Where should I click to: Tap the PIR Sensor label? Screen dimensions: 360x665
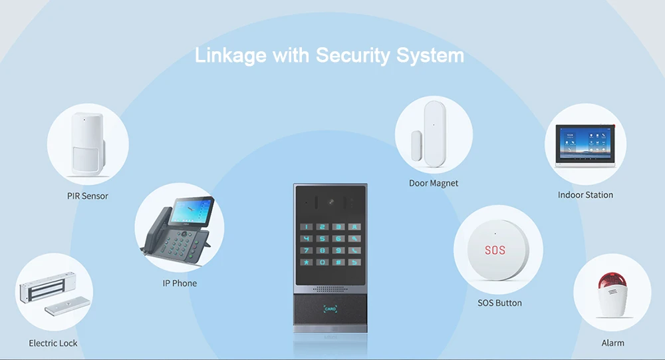click(x=87, y=196)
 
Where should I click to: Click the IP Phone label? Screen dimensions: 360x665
click(x=180, y=283)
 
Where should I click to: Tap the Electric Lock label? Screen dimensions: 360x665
click(x=53, y=343)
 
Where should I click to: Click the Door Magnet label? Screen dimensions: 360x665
click(x=434, y=183)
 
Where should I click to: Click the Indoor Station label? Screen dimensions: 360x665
click(x=585, y=195)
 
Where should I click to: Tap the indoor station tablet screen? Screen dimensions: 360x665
click(x=585, y=142)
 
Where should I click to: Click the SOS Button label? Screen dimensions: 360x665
click(x=499, y=303)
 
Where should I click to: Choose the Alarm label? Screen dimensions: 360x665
click(x=612, y=343)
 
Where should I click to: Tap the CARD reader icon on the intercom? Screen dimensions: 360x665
click(x=331, y=309)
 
